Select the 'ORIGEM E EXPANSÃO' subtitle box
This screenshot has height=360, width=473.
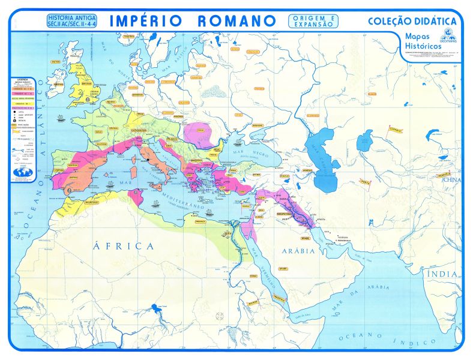pos(313,21)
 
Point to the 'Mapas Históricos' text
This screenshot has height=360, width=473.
pos(423,41)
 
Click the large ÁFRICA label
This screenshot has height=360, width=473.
pos(124,245)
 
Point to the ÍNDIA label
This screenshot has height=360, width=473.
pos(443,274)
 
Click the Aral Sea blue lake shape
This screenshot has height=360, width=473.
pos(366,143)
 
